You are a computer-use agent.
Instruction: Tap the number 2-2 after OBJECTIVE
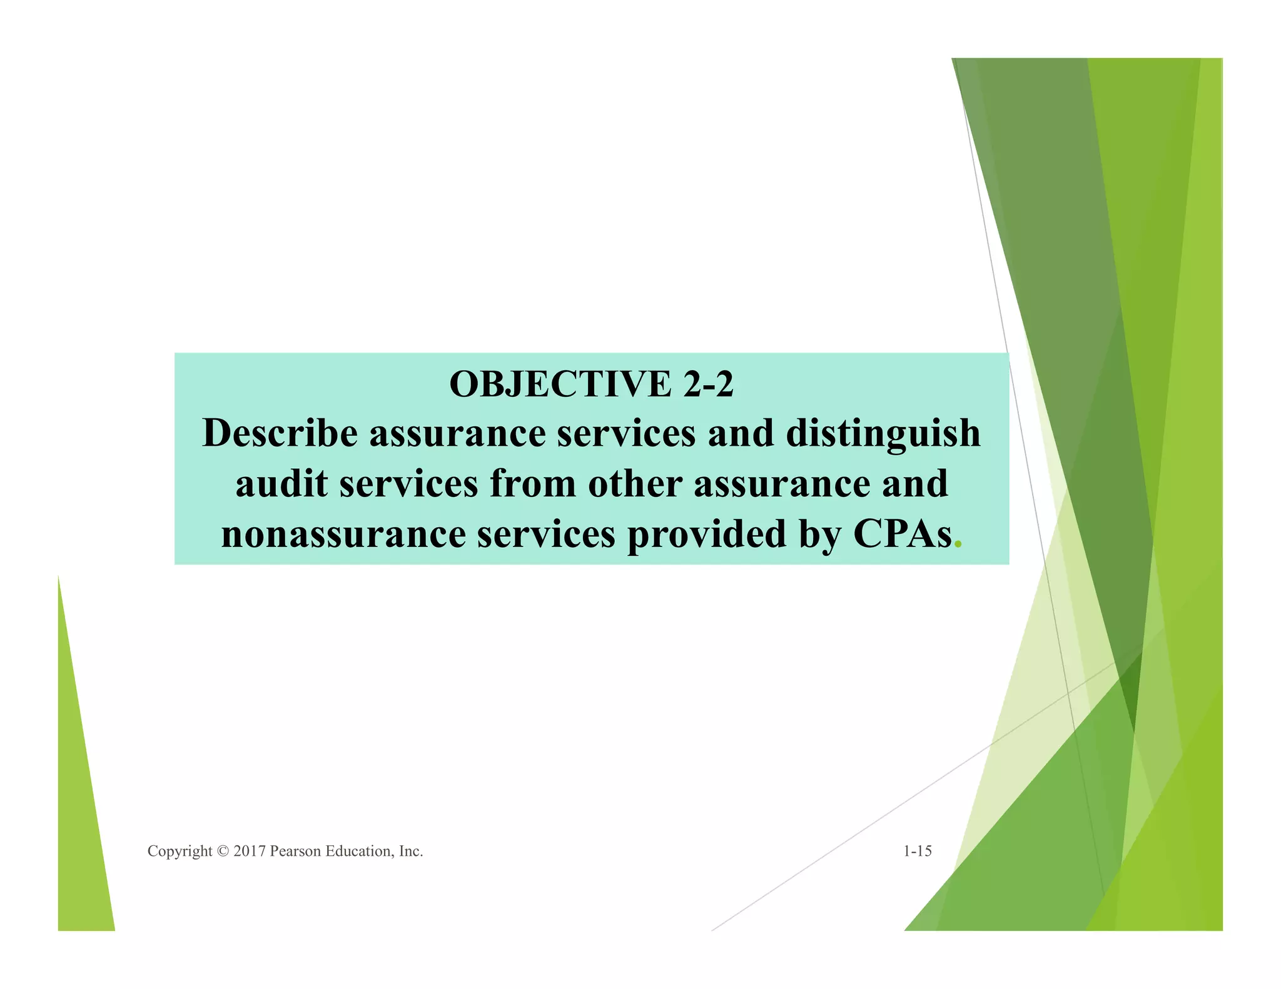click(708, 384)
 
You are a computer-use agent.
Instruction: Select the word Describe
click(280, 433)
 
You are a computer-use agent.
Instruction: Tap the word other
click(635, 484)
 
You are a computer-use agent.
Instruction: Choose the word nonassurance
click(343, 535)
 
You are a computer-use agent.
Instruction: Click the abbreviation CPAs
click(903, 535)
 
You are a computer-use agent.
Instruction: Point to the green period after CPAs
click(957, 546)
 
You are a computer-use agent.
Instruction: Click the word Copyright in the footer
click(180, 851)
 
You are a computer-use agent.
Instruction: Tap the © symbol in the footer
click(223, 851)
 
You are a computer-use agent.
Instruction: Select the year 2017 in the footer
click(249, 851)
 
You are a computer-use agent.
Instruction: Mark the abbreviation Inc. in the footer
click(411, 851)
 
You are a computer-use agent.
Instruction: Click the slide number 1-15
click(917, 851)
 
